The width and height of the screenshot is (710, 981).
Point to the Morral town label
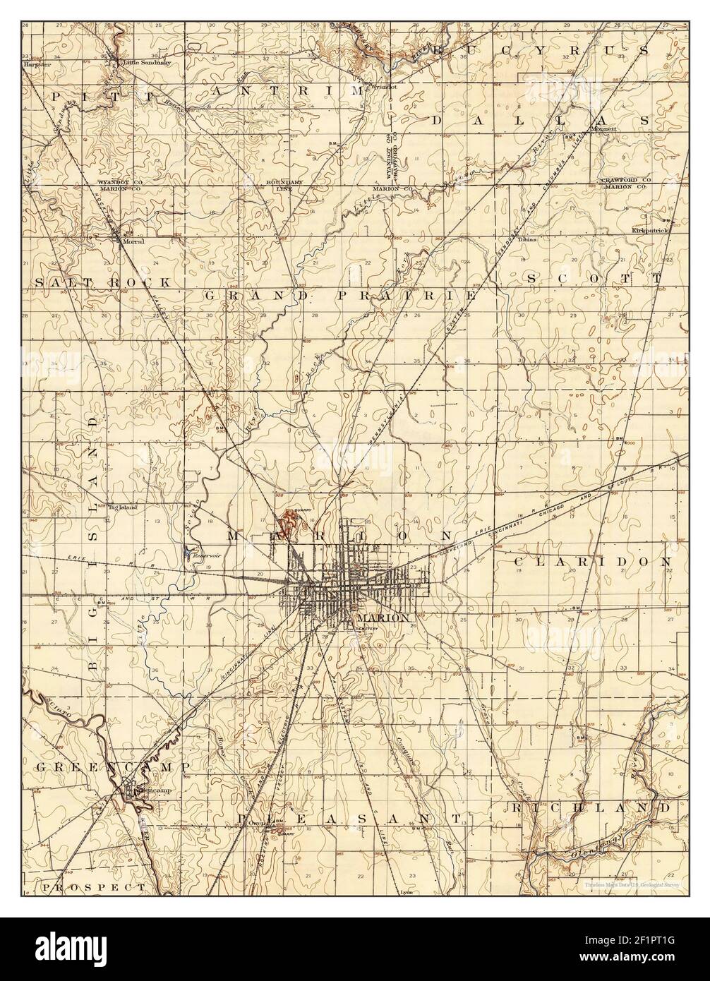133,241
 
